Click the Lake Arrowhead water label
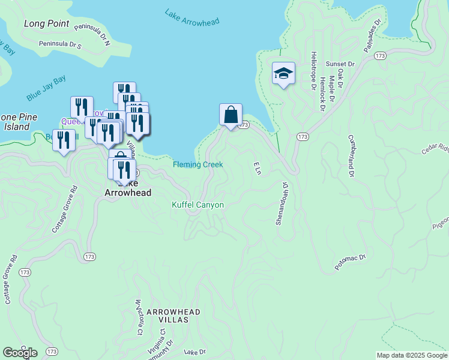coord(192,17)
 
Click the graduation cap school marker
coord(283,74)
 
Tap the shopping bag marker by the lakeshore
coord(231,114)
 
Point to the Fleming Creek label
coord(198,164)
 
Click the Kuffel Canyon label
coord(198,205)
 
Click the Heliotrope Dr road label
coord(313,70)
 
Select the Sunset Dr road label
coord(340,64)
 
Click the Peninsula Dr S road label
coord(59,44)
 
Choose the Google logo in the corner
coord(20,353)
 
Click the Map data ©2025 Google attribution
coord(411,355)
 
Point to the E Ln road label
coord(257,168)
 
